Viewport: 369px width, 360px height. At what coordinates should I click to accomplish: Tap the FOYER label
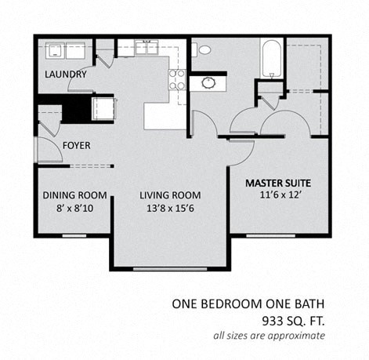click(76, 146)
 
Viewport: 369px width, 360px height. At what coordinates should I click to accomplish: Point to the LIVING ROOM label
click(170, 195)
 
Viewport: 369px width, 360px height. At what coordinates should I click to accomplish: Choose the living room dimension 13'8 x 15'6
click(170, 209)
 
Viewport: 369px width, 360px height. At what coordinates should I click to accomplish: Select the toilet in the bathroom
click(204, 49)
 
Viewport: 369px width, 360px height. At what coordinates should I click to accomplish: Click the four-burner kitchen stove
click(177, 79)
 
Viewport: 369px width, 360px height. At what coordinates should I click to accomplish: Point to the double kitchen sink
click(146, 48)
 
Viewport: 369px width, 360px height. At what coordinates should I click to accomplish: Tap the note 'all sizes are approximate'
click(269, 336)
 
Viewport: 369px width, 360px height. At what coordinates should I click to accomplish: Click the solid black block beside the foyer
click(76, 108)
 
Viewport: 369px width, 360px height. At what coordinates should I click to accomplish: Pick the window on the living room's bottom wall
click(170, 269)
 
